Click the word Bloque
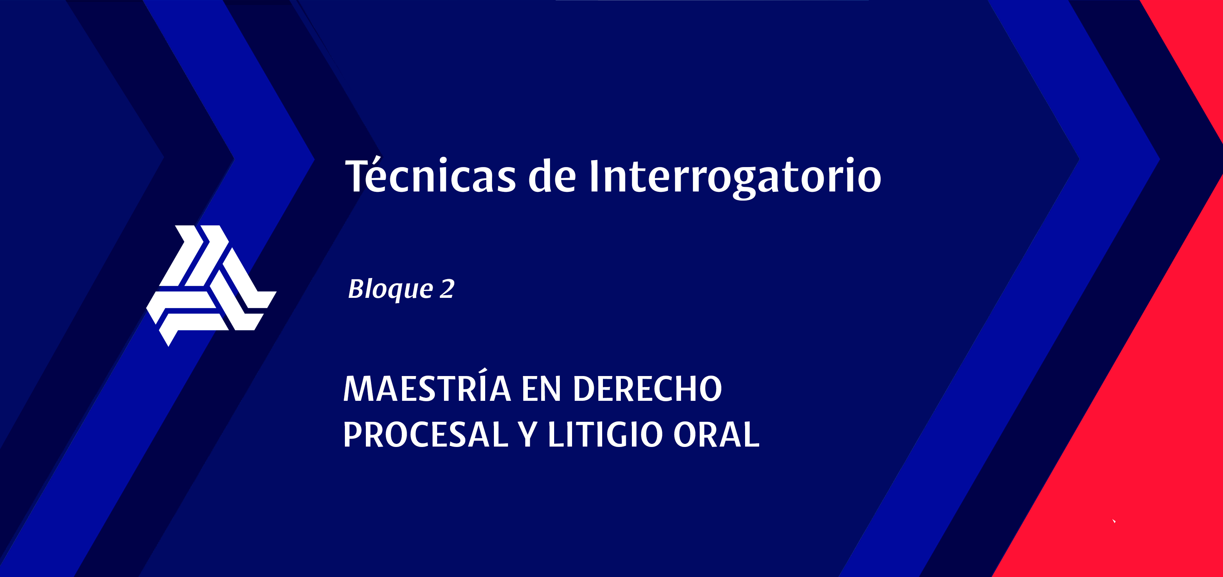pyautogui.click(x=390, y=289)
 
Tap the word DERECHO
pyautogui.click(x=647, y=389)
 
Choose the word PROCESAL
pyautogui.click(x=425, y=434)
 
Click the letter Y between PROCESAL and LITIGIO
pyautogui.click(x=527, y=434)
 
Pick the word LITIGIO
pyautogui.click(x=605, y=434)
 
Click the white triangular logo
pyautogui.click(x=211, y=285)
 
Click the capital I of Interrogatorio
pyautogui.click(x=594, y=176)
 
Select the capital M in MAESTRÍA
pyautogui.click(x=359, y=389)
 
